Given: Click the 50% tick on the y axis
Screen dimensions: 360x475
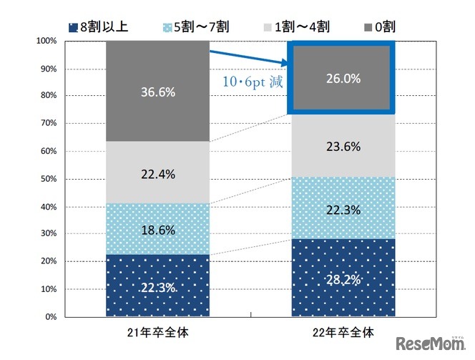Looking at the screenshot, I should click(x=48, y=179).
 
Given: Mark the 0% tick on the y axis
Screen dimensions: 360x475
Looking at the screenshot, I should click(x=50, y=316).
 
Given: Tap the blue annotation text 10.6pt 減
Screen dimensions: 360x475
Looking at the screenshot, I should click(x=250, y=82).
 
